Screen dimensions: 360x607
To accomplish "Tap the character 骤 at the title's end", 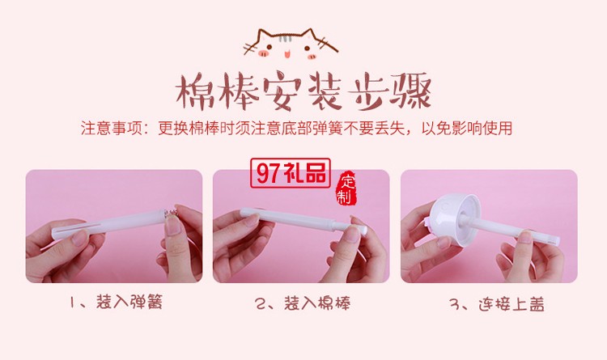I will (410, 93).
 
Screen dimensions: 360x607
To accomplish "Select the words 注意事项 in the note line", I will (109, 128).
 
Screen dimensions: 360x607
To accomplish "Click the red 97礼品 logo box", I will (291, 173).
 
